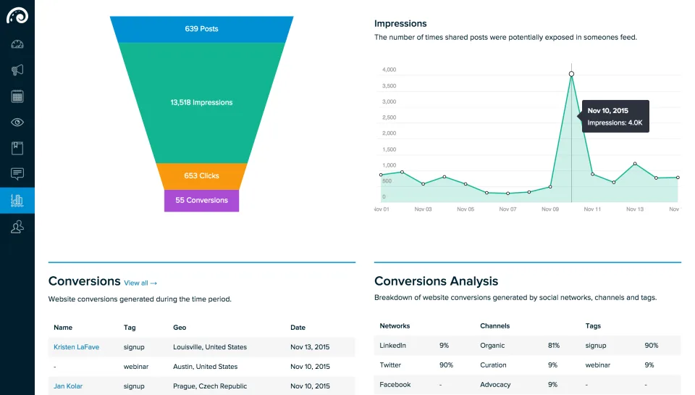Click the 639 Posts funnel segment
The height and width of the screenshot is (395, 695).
[x=202, y=29]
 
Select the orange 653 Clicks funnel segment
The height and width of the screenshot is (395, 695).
[x=202, y=176]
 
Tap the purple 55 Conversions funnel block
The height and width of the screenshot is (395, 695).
[x=202, y=201]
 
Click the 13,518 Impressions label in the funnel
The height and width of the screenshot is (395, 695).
[x=202, y=102]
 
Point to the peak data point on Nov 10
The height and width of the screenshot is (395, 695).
[x=571, y=74]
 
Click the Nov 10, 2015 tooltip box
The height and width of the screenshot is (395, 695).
[x=615, y=116]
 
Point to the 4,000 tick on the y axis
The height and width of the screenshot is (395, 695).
[x=389, y=70]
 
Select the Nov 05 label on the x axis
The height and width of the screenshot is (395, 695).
[x=466, y=209]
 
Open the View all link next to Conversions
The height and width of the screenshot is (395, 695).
[x=140, y=283]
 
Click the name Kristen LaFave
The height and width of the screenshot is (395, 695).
[x=76, y=347]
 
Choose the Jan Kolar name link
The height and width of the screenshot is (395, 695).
[x=68, y=386]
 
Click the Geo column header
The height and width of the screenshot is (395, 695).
[x=180, y=328]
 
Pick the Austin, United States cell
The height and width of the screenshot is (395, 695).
[x=205, y=367]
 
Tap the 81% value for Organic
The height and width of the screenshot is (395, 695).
[x=554, y=345]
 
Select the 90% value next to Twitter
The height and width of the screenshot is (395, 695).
[x=447, y=365]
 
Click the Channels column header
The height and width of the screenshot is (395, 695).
[x=494, y=325]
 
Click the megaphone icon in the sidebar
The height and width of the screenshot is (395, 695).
[x=17, y=70]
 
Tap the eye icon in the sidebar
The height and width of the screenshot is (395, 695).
[x=17, y=122]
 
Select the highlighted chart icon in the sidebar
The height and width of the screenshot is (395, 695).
[x=17, y=201]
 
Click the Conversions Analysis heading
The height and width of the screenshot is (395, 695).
[x=436, y=281]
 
